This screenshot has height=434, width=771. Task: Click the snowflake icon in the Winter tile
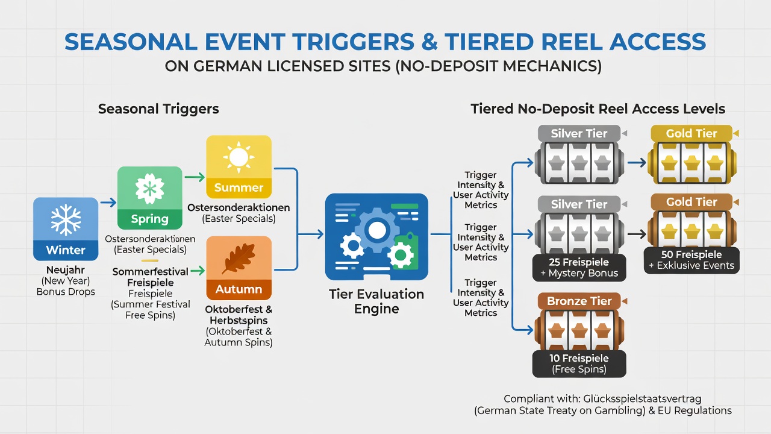[x=66, y=220]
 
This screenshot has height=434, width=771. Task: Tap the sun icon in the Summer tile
[x=239, y=157]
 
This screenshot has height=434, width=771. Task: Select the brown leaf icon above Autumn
[x=239, y=259]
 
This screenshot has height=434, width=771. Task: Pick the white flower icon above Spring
[x=150, y=189]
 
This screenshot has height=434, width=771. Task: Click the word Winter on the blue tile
[x=66, y=250]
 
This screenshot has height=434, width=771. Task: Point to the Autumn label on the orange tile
[x=239, y=289]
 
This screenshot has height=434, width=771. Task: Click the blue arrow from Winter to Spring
[x=108, y=202]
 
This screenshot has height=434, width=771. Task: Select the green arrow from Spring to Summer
[x=195, y=177]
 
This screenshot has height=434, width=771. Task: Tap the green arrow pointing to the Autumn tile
[x=198, y=271]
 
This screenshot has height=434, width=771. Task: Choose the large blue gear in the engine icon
[x=377, y=230]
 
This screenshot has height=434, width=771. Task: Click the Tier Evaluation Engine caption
[x=376, y=301]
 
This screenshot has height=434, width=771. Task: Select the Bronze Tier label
[x=579, y=301]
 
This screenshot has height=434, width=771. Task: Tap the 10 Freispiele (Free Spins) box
[x=579, y=363]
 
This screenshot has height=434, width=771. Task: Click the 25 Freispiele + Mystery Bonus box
[x=579, y=268]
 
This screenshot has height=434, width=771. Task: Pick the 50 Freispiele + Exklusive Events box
[x=692, y=260]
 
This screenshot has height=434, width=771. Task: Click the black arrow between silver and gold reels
[x=637, y=234]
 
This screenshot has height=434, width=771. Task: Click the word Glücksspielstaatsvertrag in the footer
[x=642, y=399]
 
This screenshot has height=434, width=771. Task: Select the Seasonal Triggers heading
[x=158, y=109]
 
